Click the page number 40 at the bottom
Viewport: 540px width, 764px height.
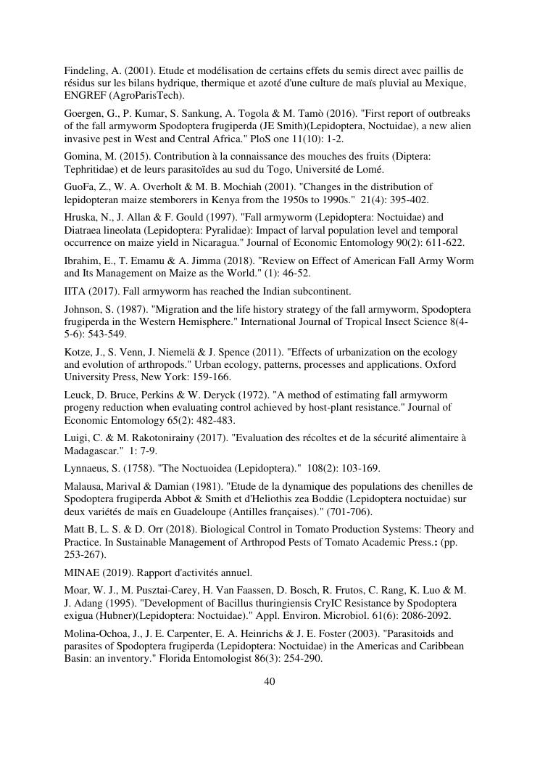click(x=269, y=681)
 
